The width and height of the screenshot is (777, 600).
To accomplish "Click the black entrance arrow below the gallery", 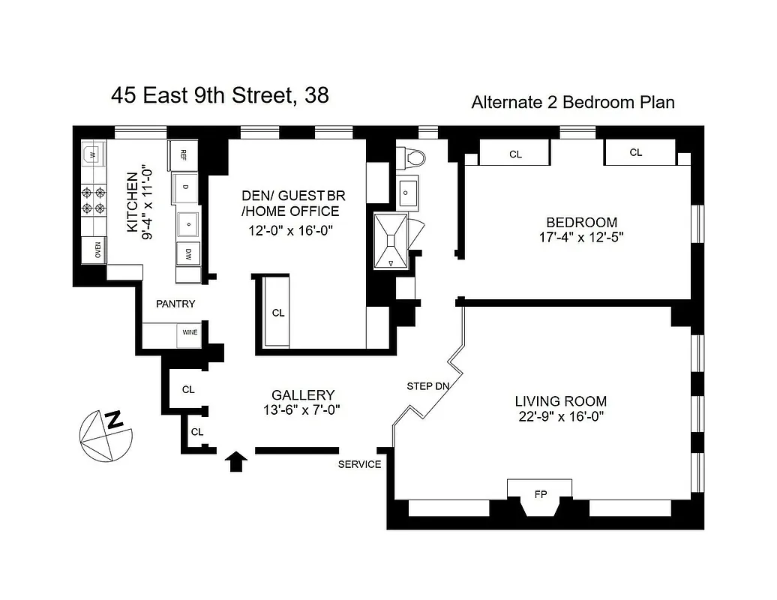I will point(236,460).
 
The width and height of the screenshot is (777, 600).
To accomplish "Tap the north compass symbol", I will point(106,436).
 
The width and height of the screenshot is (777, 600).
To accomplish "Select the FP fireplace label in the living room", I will point(540,495).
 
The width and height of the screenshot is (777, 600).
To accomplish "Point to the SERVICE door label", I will point(359,464).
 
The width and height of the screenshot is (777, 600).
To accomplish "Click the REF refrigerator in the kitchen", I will point(183,154).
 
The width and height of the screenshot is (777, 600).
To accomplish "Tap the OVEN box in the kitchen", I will point(97,250).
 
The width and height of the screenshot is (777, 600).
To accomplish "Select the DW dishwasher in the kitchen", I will point(188,253).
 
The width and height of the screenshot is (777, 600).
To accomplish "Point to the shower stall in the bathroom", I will point(391,240).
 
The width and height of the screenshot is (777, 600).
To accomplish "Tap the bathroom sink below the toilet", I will point(408,193).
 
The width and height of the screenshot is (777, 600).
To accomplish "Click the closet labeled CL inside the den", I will point(278,313).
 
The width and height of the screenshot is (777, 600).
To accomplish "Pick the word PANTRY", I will point(175,304).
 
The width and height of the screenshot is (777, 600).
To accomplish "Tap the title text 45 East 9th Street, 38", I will point(220,96).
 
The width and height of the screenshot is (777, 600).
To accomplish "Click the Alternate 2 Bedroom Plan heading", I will point(572,102).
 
